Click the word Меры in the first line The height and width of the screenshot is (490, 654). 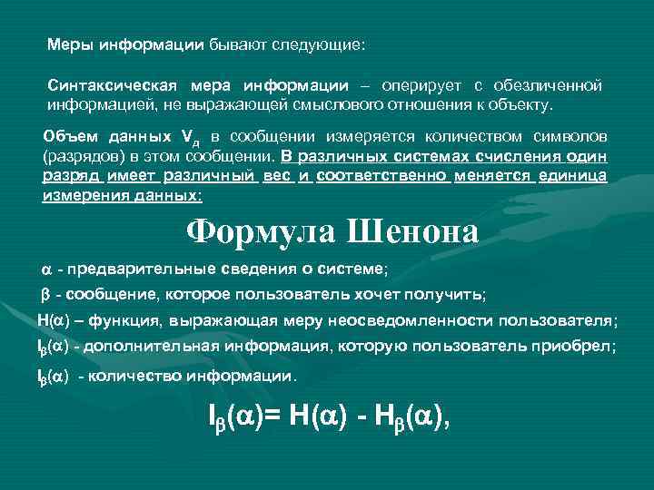68,44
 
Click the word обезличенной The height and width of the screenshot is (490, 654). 548,85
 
